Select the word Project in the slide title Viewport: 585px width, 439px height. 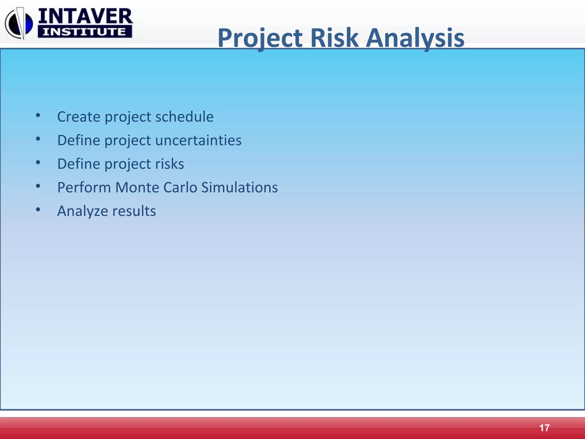point(260,39)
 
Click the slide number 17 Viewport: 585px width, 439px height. point(544,428)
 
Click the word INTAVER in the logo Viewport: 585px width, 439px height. point(85,16)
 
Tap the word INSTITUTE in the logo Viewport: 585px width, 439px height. point(85,32)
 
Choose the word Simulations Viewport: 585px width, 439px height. point(239,188)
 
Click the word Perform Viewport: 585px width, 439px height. point(84,188)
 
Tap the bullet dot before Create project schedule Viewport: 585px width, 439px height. point(38,115)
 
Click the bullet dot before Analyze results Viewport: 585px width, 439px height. point(38,210)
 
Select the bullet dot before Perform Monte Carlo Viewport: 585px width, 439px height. point(38,186)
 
